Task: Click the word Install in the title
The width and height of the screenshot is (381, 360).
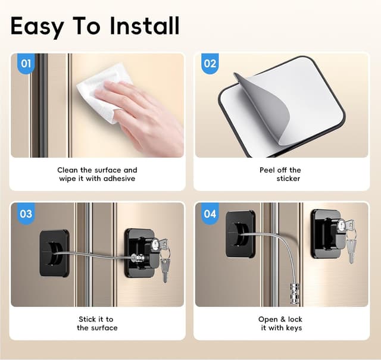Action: click(x=139, y=26)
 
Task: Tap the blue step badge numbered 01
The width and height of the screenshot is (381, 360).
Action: click(x=26, y=62)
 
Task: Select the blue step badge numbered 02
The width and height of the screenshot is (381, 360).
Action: click(x=210, y=62)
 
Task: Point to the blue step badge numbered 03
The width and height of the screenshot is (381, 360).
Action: click(x=26, y=213)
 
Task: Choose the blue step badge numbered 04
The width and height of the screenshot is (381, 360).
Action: click(x=210, y=213)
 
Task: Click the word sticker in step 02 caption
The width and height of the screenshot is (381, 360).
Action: click(x=289, y=179)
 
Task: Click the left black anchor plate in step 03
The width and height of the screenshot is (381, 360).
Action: click(x=54, y=253)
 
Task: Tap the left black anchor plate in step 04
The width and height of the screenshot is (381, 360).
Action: click(x=240, y=233)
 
